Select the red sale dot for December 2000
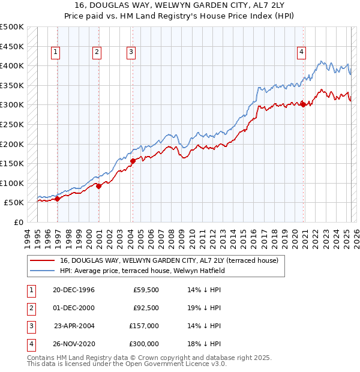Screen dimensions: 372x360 (99, 186)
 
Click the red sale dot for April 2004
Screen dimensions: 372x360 (133, 160)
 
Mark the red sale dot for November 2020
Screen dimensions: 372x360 (303, 104)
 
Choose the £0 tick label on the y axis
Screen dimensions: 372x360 (19, 222)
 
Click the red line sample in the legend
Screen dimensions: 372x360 (41, 261)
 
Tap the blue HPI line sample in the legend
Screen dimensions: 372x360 (41, 271)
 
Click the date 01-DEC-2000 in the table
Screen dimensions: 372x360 (74, 308)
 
